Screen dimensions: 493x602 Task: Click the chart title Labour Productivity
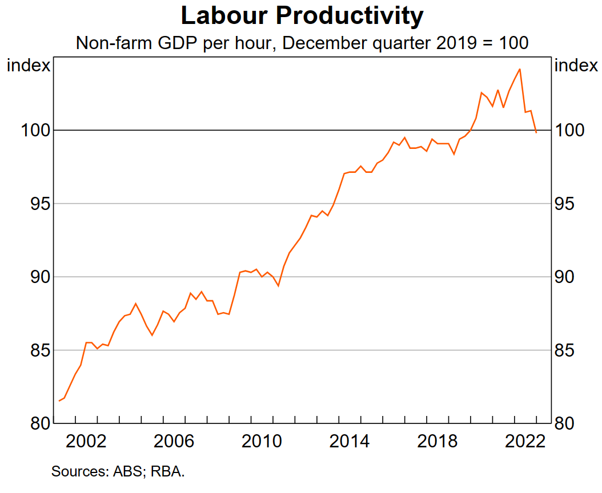[x=302, y=16]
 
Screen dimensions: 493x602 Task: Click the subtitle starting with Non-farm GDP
[x=302, y=43]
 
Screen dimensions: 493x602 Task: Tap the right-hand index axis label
[x=576, y=66]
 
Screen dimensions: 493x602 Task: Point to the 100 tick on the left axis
[x=34, y=131]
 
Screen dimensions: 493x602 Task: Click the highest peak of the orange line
[x=519, y=69]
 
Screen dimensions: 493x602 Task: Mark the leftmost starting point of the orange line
[x=59, y=401]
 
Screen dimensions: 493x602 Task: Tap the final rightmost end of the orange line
[x=536, y=133]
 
